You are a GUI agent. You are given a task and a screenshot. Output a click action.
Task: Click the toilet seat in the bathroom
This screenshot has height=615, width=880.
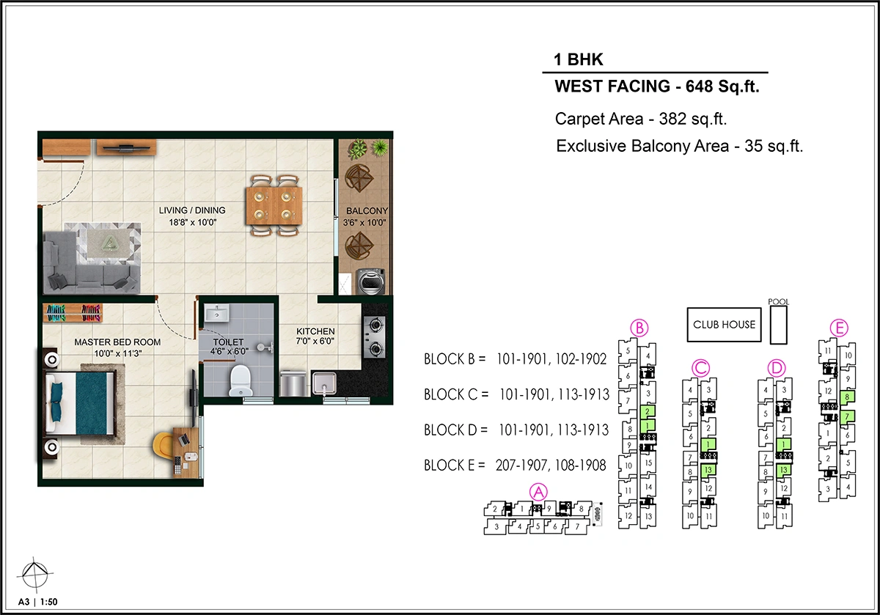pos(241,380)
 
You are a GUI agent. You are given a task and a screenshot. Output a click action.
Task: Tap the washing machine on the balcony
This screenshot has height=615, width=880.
pos(370,281)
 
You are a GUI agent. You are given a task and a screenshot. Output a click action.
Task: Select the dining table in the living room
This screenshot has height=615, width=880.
pos(274,205)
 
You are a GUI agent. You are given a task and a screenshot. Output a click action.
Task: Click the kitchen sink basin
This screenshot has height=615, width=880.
pos(324,383)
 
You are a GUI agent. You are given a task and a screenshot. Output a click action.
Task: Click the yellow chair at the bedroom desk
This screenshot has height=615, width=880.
pos(164,446)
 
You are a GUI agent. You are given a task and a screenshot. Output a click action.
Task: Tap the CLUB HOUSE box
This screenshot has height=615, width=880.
pos(724,325)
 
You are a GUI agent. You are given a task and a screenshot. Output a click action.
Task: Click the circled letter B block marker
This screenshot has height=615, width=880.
pos(639,328)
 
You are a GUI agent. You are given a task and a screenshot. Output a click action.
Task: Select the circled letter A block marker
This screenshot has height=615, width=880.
pos(538,492)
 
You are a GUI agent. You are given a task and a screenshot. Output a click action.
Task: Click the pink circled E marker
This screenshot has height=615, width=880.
pos(839,328)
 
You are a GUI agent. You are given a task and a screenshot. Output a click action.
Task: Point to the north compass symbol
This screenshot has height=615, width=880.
pos(35,575)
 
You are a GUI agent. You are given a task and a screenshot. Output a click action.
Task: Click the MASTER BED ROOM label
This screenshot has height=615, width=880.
pos(117,342)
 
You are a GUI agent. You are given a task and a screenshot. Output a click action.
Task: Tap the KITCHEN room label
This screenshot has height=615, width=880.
pos(315,331)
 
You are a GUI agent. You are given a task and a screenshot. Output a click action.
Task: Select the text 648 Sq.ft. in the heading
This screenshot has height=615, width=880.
pos(722,86)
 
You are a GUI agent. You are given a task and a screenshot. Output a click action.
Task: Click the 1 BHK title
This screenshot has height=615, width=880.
pos(578,59)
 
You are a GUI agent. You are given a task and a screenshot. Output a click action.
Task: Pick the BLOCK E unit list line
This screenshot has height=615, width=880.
pos(515,465)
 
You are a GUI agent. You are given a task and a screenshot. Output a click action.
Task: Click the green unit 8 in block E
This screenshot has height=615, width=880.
pos(848,397)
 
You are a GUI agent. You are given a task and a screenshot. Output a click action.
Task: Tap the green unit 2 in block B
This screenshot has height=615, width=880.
pos(648,411)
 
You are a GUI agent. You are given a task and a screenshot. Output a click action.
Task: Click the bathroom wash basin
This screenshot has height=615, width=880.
pos(216,314)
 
